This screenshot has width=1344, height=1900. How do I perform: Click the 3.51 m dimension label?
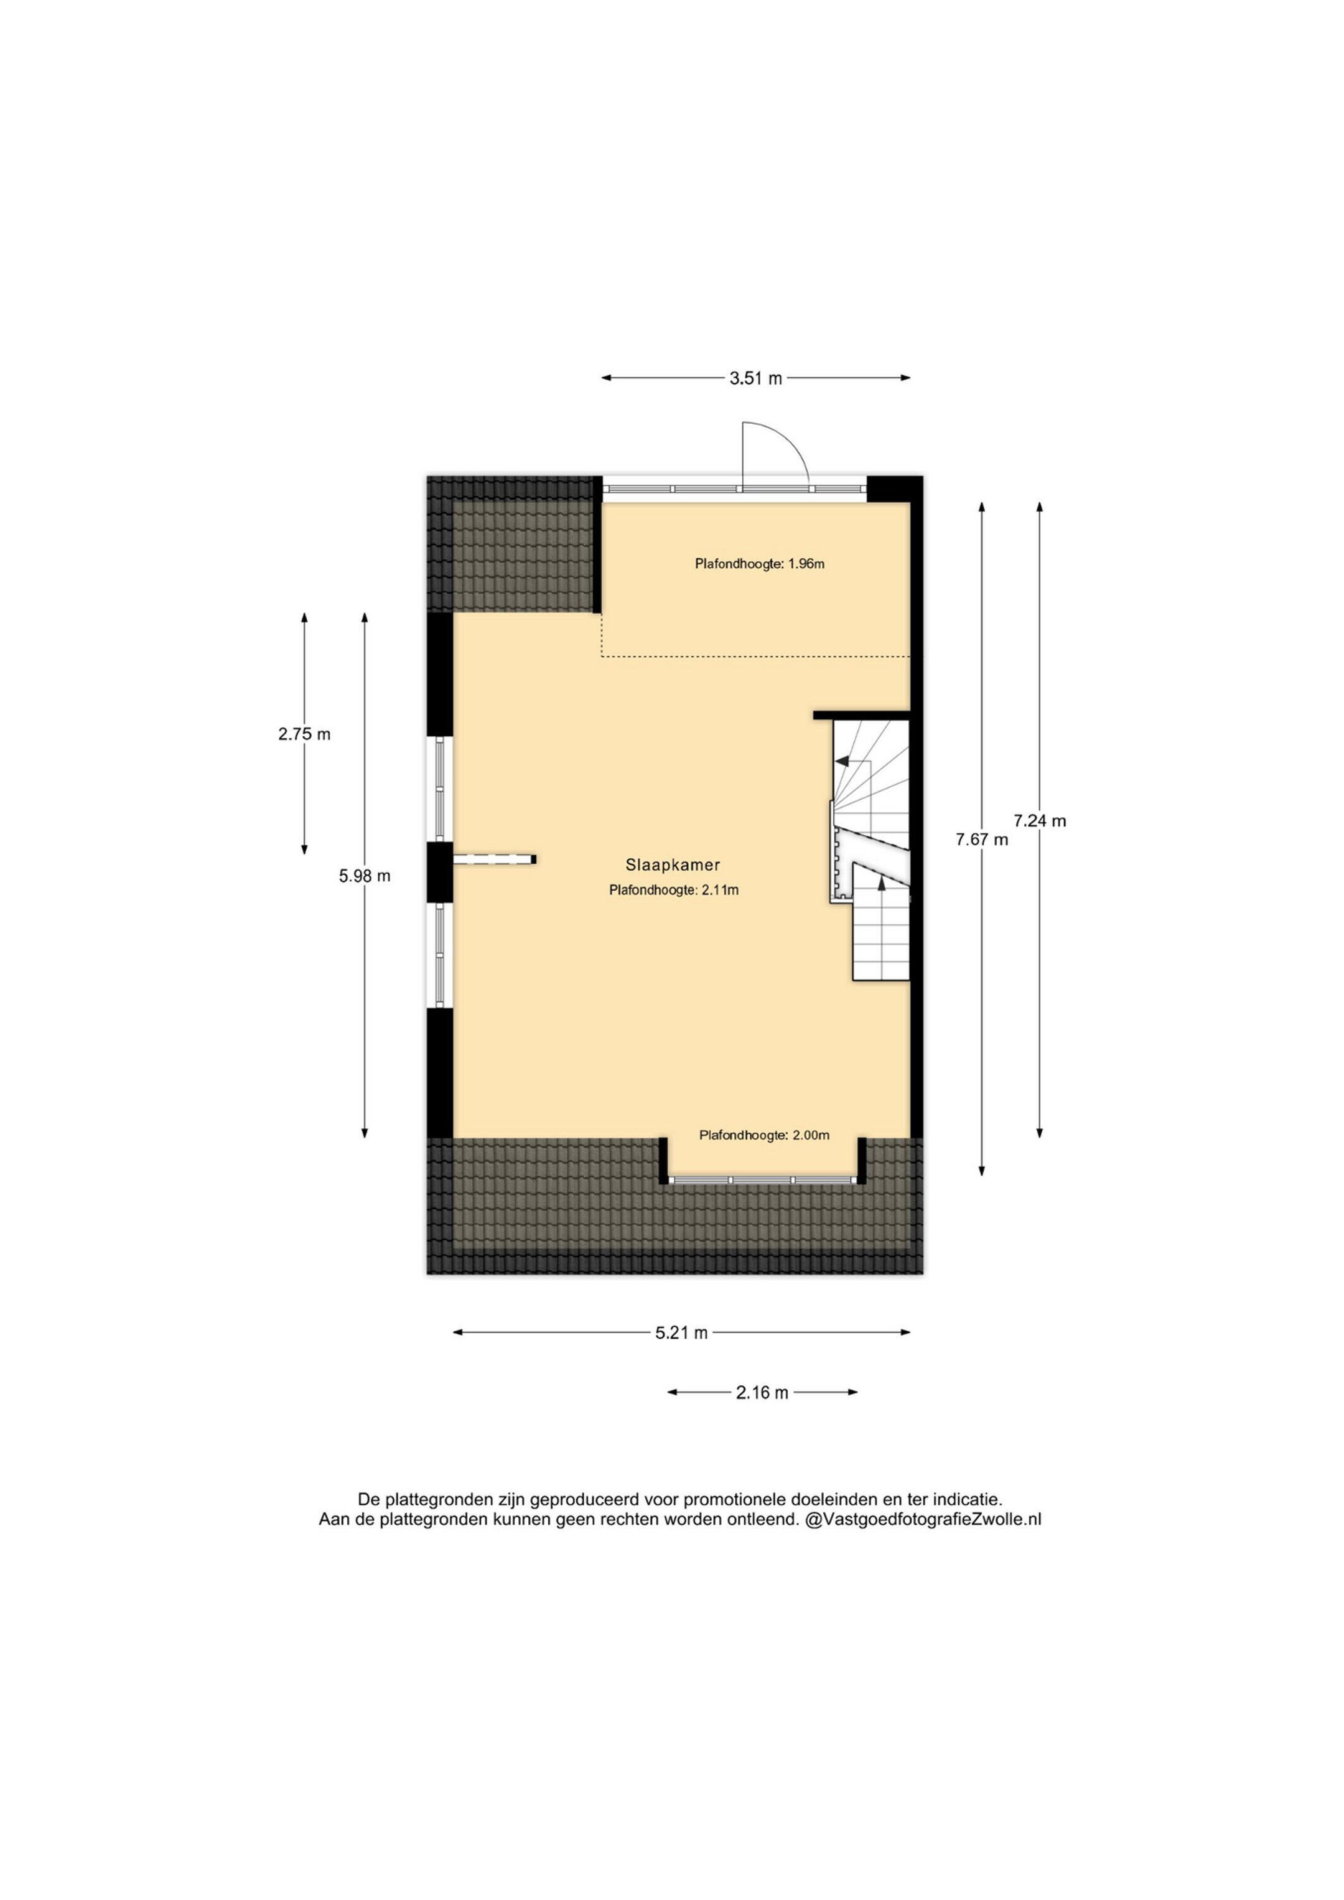tap(755, 378)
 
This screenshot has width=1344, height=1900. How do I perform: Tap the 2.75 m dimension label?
tap(304, 734)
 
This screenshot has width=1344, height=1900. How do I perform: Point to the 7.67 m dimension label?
tap(982, 840)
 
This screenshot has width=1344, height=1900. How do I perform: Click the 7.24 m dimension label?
tap(1040, 821)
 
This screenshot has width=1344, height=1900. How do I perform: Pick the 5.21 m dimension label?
tap(682, 1333)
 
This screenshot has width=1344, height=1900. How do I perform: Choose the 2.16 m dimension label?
tap(762, 1393)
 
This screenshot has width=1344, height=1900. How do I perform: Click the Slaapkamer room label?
tap(673, 866)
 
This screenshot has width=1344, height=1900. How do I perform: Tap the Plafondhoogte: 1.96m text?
tap(760, 564)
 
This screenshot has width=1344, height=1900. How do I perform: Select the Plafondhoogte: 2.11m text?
tap(674, 891)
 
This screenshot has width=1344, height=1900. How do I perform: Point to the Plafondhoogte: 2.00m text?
tap(765, 1136)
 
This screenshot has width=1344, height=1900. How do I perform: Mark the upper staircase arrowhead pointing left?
tap(842, 760)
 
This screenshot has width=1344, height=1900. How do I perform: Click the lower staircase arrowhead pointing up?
tap(882, 884)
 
